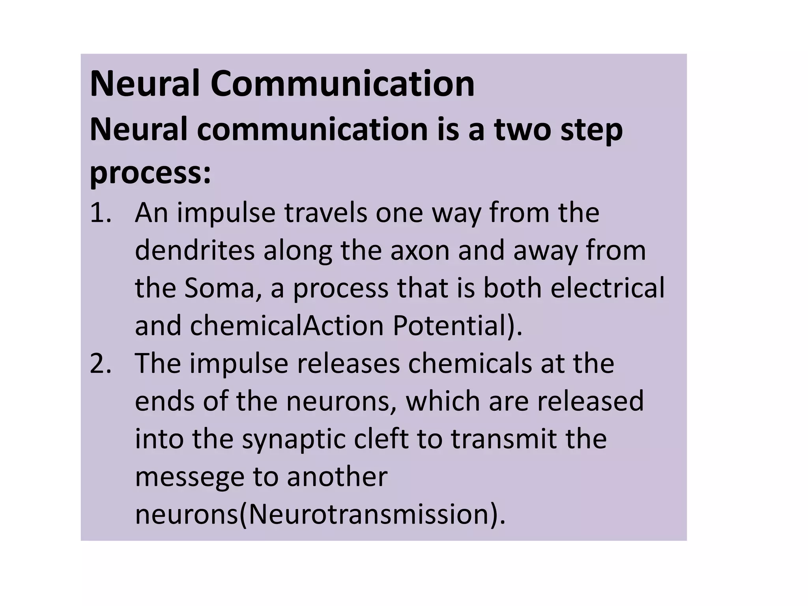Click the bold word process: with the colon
150,174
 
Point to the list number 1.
100,213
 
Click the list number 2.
100,363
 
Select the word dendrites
195,250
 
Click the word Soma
223,288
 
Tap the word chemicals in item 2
469,363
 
